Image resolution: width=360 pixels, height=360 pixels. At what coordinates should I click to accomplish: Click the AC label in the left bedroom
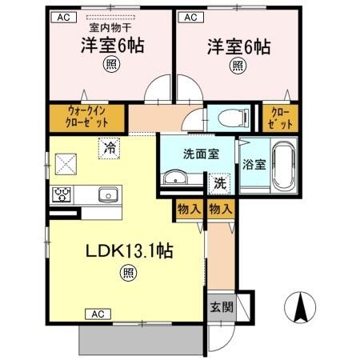(64, 16)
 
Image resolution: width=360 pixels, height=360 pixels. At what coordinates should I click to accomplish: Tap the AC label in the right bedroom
(190, 16)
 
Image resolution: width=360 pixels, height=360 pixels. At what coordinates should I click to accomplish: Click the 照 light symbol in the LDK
(127, 273)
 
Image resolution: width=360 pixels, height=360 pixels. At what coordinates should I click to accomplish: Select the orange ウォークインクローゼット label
(86, 118)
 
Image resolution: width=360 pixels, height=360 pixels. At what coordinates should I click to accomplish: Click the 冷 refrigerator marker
(109, 147)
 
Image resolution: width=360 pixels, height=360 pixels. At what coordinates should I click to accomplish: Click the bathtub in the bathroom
(282, 163)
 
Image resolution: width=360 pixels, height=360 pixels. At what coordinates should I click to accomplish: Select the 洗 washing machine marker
(219, 182)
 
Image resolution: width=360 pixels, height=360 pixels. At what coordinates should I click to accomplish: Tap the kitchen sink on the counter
(107, 195)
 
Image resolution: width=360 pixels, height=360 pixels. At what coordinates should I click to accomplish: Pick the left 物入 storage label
(187, 208)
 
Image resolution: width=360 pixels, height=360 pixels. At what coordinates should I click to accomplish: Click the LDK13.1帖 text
(131, 250)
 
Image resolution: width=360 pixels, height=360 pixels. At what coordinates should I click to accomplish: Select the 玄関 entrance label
(220, 306)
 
